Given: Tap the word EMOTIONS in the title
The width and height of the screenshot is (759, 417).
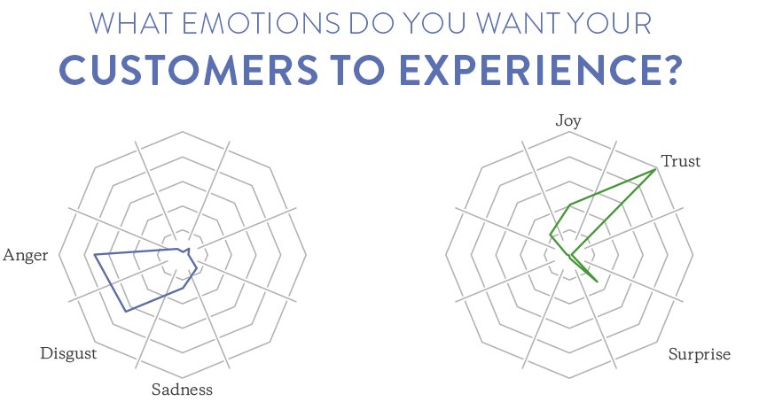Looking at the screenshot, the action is (x=262, y=23).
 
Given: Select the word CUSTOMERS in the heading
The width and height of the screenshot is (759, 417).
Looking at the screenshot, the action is (x=189, y=70).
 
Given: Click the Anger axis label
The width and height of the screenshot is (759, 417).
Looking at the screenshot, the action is (x=25, y=255).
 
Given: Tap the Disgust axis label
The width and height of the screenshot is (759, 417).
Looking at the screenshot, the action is (x=68, y=353).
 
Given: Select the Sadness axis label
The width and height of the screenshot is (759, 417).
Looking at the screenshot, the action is (x=182, y=389).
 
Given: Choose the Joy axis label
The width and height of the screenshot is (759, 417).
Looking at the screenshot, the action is (x=568, y=120).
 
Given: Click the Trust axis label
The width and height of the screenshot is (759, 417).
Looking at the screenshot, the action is (x=681, y=161).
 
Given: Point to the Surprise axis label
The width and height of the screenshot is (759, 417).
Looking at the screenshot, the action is (x=700, y=354).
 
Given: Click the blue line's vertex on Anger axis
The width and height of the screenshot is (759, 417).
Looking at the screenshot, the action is (x=94, y=254).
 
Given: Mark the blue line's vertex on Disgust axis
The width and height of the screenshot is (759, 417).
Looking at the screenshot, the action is (x=126, y=312).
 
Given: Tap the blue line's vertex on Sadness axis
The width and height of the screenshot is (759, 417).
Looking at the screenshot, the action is (x=183, y=288).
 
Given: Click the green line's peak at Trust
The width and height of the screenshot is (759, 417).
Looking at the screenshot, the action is (x=656, y=169).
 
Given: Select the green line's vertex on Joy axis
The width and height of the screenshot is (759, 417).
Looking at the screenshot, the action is (x=570, y=205).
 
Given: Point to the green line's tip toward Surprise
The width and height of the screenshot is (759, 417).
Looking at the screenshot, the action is (x=598, y=282).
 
